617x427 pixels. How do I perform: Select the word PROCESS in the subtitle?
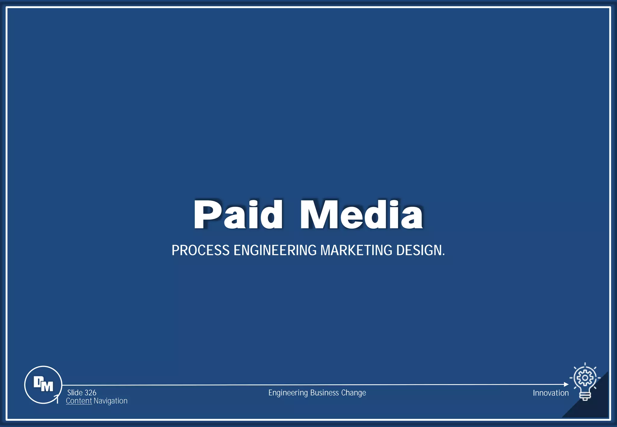200,250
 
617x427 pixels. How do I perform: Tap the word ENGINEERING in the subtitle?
275,250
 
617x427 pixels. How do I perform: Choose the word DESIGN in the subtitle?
419,250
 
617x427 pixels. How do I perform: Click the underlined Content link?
79,401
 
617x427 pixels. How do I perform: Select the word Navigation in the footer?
111,401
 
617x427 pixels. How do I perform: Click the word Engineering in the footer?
288,393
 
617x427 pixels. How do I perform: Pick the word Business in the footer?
324,393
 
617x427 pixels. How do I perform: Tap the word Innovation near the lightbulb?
551,393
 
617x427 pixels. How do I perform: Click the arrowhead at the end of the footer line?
566,384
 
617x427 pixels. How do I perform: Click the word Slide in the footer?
75,393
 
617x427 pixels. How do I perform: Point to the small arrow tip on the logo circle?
56,397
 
